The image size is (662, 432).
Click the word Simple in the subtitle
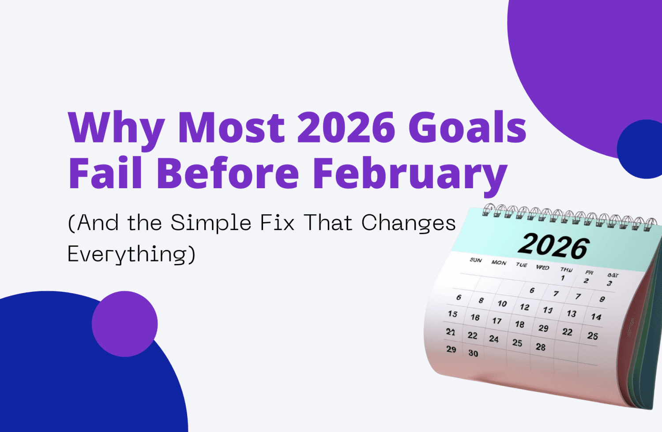click(211, 223)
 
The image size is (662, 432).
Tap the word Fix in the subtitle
click(277, 223)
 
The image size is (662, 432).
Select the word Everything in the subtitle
click(131, 254)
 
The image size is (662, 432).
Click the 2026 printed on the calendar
click(553, 246)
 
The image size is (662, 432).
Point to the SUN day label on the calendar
click(476, 260)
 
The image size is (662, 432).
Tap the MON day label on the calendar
click(499, 263)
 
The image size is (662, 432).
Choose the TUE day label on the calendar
click(521, 265)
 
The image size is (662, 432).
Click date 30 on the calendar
click(473, 353)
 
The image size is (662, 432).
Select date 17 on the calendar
click(497, 321)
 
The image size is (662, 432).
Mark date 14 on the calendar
click(596, 317)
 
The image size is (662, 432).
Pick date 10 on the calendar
click(502, 304)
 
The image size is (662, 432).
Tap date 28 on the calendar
click(541, 347)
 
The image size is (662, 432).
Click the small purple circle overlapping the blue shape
click(124, 324)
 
